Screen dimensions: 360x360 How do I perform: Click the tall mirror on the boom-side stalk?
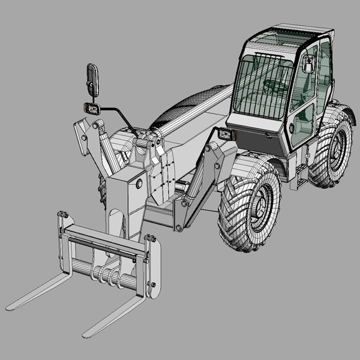point(93,79)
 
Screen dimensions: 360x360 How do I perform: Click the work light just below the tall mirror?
point(92,109)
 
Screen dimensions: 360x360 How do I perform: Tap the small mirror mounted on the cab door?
point(308,64)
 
